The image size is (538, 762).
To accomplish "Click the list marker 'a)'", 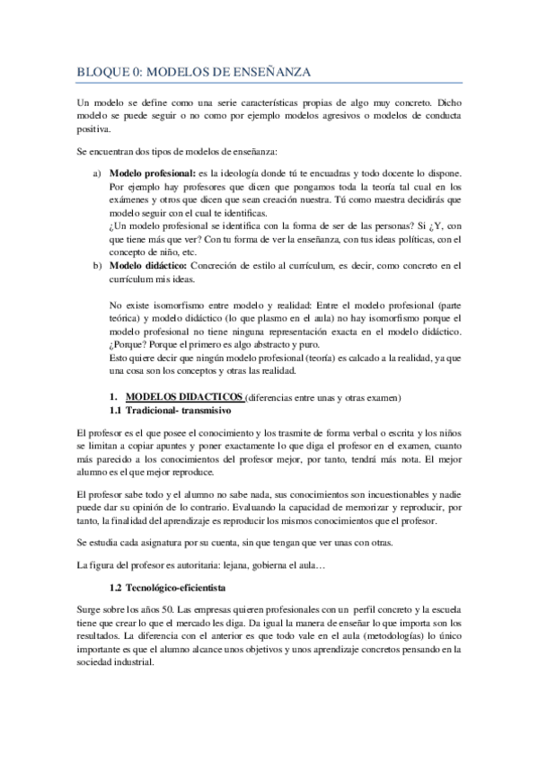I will [x=97, y=173].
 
